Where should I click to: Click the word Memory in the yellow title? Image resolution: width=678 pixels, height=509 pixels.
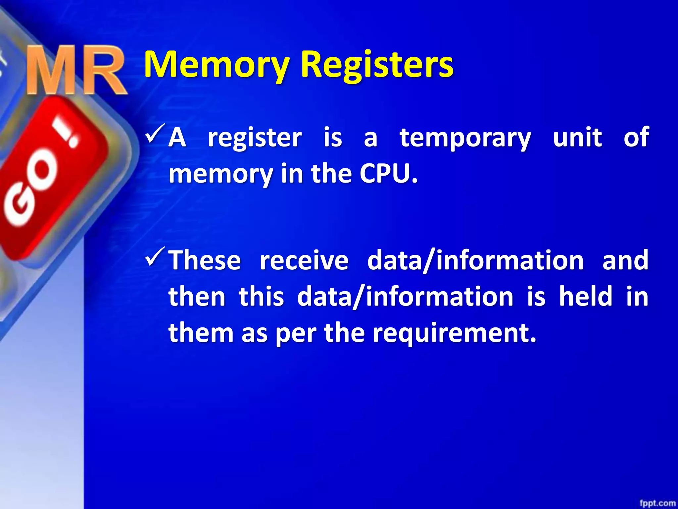coord(217,65)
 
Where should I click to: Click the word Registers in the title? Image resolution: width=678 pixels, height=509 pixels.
coord(377,65)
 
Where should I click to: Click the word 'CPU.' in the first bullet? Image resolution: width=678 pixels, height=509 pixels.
coord(389,174)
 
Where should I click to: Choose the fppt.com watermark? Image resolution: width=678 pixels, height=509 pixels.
coord(657,503)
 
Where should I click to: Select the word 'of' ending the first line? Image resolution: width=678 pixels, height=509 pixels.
coord(636,137)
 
